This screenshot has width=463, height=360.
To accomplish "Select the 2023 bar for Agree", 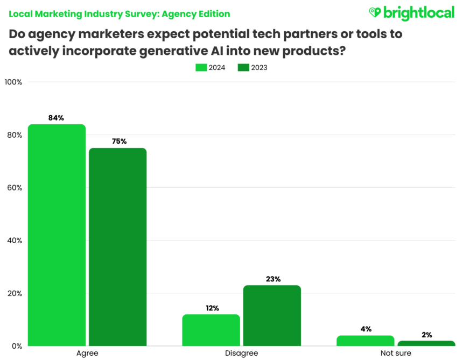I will tap(117, 247).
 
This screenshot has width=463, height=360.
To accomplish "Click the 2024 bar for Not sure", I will tap(366, 341).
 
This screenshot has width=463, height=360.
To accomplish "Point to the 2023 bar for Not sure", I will tap(426, 343).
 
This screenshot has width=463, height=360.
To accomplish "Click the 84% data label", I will tap(56, 118).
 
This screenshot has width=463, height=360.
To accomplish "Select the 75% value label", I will tap(119, 142).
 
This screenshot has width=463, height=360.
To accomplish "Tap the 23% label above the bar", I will tap(273, 279).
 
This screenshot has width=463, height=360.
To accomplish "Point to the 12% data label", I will tap(212, 308).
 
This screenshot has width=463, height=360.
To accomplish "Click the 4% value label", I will tap(366, 329).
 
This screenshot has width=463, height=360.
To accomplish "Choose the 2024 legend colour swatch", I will tap(201, 68).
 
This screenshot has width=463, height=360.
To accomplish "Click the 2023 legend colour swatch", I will tap(243, 68).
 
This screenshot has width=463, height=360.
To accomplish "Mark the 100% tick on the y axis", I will tap(13, 82).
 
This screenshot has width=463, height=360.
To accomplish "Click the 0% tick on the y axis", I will tap(16, 346).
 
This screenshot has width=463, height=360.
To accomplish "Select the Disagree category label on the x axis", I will tap(241, 354).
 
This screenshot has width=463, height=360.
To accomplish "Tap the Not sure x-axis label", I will tap(396, 354).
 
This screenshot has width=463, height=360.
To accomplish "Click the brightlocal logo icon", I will tap(375, 12).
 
